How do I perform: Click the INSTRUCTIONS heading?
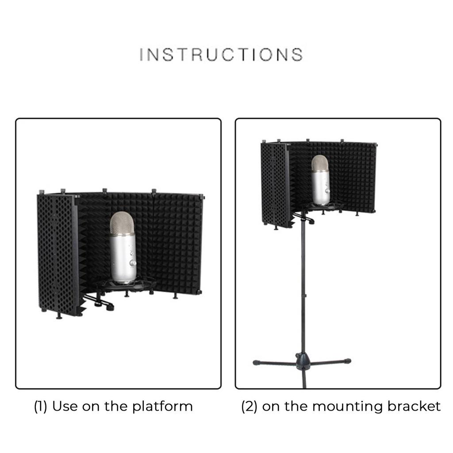click(221, 54)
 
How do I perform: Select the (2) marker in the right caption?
click(249, 406)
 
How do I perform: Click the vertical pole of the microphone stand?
click(303, 288)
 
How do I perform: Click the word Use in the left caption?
click(65, 406)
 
